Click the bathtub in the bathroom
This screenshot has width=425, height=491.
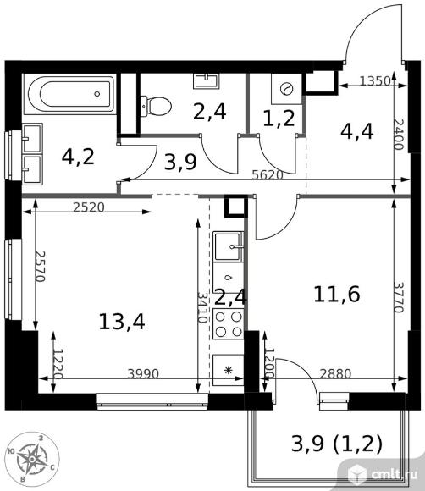[69, 94]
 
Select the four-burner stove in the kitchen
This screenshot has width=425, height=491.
[229, 324]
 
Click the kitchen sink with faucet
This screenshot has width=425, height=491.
[229, 246]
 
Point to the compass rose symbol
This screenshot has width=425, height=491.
[32, 459]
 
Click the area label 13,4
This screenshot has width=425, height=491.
[122, 322]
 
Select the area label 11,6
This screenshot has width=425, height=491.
[337, 295]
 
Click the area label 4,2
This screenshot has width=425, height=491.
[78, 157]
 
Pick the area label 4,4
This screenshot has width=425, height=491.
[356, 131]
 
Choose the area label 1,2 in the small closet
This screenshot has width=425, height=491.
[279, 118]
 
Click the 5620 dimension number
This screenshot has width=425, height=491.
[268, 175]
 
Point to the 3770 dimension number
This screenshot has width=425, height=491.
[399, 297]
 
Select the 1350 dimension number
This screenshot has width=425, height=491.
[375, 81]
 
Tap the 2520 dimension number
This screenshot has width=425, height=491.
[89, 207]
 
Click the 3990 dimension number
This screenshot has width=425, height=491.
[143, 373]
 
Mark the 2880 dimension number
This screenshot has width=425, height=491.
[336, 373]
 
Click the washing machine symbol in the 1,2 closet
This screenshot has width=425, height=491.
[286, 89]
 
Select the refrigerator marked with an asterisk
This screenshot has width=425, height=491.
[229, 370]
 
